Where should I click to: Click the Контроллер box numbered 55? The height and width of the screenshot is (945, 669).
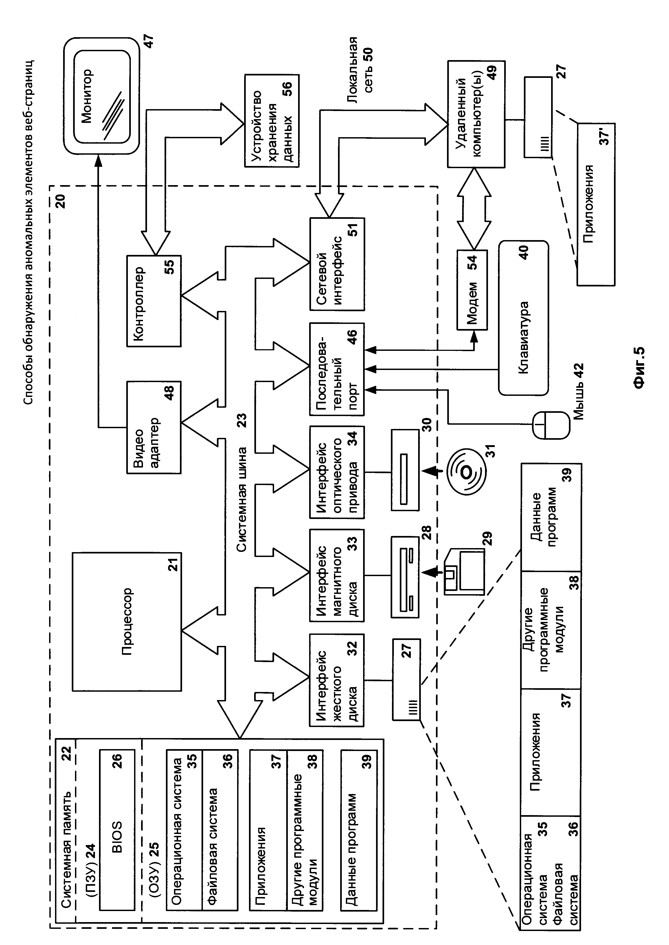coord(154,300)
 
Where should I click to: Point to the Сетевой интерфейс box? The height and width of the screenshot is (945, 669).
coord(337,264)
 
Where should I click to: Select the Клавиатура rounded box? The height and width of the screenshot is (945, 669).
coord(524,318)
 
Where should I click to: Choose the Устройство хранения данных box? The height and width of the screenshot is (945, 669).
coord(272,121)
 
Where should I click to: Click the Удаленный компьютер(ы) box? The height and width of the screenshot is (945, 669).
coord(476,114)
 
